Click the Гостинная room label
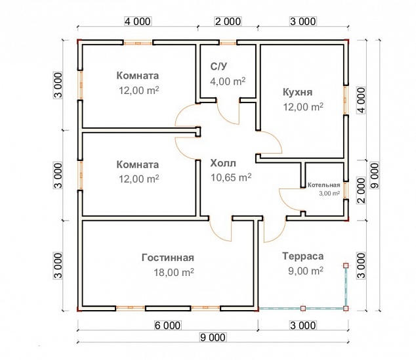(168, 257)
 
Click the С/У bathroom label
(219, 67)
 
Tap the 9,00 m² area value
(302, 271)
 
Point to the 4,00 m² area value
(227, 81)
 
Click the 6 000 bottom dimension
(168, 325)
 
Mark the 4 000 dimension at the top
(138, 21)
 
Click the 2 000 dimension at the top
(228, 21)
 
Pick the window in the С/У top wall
(228, 43)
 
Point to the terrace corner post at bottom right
(345, 307)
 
